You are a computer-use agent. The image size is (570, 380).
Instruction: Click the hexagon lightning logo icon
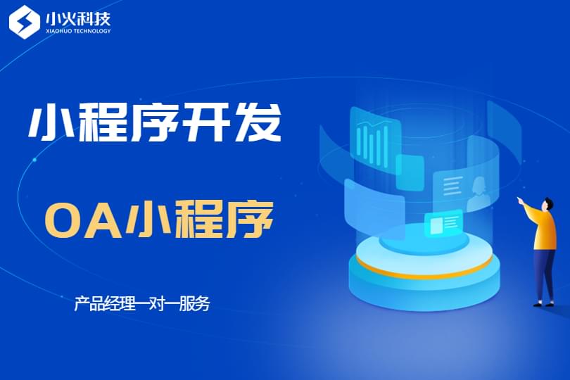tap(25, 21)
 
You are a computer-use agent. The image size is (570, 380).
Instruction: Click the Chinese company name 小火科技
tap(78, 18)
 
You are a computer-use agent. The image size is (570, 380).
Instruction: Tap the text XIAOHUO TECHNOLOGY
tap(78, 31)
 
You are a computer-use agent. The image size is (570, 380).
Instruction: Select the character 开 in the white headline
tap(205, 122)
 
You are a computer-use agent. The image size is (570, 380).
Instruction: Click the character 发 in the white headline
tap(258, 122)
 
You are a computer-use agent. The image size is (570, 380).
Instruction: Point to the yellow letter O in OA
tap(63, 220)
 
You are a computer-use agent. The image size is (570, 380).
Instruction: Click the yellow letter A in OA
tap(101, 220)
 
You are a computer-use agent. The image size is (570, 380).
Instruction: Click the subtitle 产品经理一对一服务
tap(141, 303)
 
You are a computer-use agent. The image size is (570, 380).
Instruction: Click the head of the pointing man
tap(547, 204)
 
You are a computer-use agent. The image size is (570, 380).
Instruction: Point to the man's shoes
tap(543, 304)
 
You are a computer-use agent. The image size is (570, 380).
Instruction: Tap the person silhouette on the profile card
tap(477, 194)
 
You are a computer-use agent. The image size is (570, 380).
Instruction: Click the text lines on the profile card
tap(452, 186)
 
